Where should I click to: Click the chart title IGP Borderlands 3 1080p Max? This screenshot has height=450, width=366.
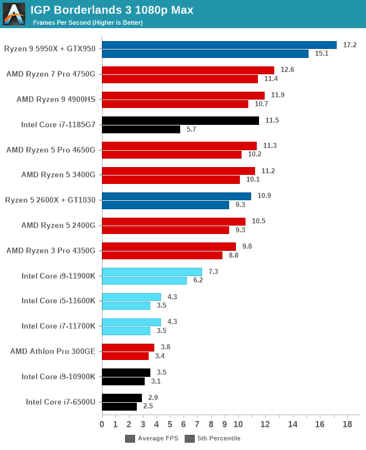tap(111, 10)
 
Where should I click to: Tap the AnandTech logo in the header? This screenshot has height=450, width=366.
tap(14, 14)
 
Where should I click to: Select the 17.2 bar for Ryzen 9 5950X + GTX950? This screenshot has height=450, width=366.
tap(219, 45)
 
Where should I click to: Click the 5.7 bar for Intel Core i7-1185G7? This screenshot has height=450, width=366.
tap(141, 129)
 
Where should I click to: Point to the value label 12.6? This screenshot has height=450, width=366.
tap(287, 70)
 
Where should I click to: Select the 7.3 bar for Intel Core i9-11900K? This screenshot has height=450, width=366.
tap(151, 272)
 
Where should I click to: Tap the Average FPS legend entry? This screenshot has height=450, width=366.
tap(151, 438)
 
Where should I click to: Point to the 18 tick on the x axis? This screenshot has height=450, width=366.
tap(347, 424)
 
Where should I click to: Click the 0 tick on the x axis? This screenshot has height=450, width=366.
tap(102, 424)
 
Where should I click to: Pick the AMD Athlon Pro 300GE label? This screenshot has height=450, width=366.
tap(53, 351)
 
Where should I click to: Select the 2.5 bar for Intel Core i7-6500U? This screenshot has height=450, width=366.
tap(119, 406)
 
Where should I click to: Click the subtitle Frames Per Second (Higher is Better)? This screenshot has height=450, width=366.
tap(87, 22)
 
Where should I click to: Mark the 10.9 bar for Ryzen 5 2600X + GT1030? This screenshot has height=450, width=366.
tap(176, 196)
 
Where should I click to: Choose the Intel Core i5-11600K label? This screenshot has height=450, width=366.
tap(59, 300)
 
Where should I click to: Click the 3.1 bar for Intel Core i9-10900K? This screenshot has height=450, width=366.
tap(123, 381)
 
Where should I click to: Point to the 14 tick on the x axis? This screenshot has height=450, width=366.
tap(292, 424)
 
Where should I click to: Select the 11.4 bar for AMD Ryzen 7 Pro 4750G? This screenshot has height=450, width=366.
tap(180, 79)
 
